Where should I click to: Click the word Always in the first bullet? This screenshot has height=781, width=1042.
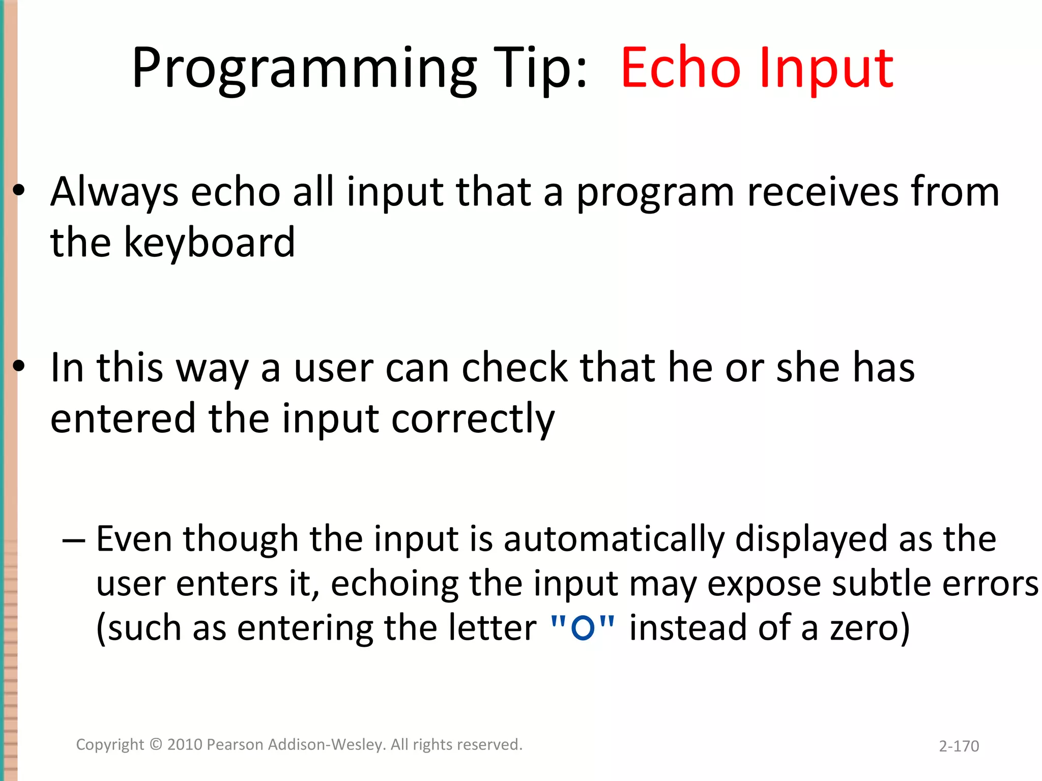coord(114,192)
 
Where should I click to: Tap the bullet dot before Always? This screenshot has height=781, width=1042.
coord(19,190)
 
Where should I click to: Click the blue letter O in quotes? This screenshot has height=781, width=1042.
coord(583,627)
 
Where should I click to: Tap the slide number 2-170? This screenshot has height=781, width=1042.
coord(959,746)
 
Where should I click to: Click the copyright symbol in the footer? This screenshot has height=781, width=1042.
coord(156,744)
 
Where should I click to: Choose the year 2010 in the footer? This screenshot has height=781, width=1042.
coord(185,744)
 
